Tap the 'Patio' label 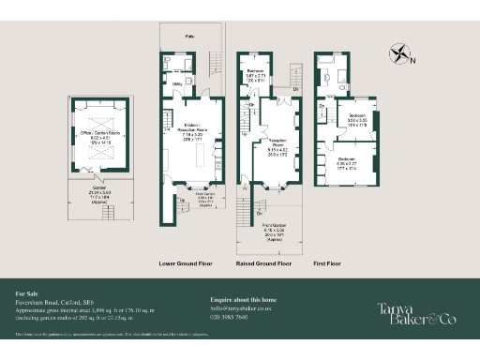point(189,37)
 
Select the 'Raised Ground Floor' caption point(265,264)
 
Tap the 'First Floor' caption point(328,264)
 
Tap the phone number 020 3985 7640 point(230,317)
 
